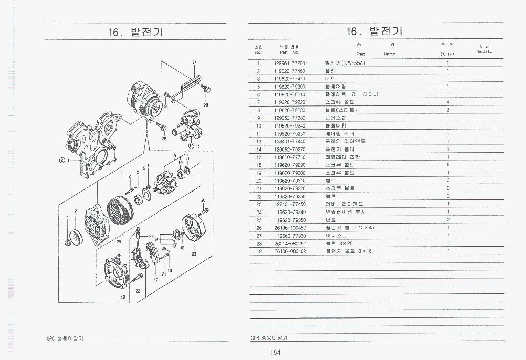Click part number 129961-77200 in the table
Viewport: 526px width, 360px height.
pyautogui.click(x=289, y=63)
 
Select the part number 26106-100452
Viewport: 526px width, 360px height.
pyautogui.click(x=289, y=227)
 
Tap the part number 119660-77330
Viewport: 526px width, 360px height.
pyautogui.click(x=289, y=236)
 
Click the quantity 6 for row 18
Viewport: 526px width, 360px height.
pyautogui.click(x=447, y=165)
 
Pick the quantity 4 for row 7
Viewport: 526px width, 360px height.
pyautogui.click(x=447, y=102)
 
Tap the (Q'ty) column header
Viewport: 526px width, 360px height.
pyautogui.click(x=447, y=54)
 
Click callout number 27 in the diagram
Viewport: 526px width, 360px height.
pyautogui.click(x=194, y=62)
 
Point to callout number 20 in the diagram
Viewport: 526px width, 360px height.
pyautogui.click(x=203, y=200)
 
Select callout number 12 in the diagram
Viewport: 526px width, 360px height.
pyautogui.click(x=123, y=297)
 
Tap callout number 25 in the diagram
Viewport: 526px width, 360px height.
pyautogui.click(x=119, y=242)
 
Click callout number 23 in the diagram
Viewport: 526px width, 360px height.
pyautogui.click(x=194, y=254)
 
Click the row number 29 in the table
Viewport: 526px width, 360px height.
pyautogui.click(x=259, y=251)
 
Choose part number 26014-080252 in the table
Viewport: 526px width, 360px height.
pyautogui.click(x=289, y=243)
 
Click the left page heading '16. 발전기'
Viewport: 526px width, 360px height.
pyautogui.click(x=135, y=32)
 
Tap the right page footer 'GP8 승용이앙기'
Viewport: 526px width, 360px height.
pyautogui.click(x=269, y=338)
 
